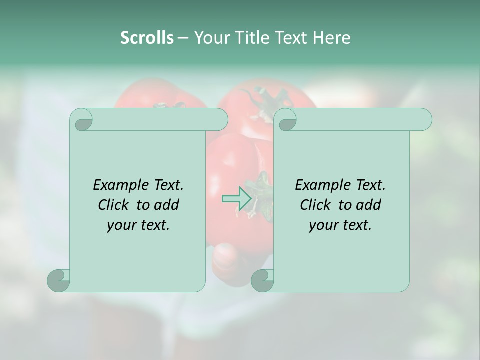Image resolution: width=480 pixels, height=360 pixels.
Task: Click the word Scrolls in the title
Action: coord(147,38)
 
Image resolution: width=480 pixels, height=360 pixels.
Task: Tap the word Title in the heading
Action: coord(251,38)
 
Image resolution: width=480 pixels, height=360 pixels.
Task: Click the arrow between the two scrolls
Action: coord(236,198)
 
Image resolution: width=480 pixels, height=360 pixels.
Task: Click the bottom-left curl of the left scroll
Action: coord(59,280)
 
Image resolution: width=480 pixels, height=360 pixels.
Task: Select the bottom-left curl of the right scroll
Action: coord(262,280)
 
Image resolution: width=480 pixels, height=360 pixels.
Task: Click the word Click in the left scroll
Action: coord(113,205)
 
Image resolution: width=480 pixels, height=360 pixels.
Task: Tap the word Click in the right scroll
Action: coord(315,205)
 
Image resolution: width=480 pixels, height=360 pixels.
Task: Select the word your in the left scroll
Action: coord(122,225)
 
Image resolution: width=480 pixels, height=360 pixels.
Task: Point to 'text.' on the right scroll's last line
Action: coord(356,225)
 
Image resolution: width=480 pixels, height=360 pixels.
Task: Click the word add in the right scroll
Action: coord(369,205)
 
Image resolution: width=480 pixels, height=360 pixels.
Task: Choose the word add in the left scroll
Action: coord(167,205)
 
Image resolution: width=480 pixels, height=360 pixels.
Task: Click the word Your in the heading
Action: coord(210,38)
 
